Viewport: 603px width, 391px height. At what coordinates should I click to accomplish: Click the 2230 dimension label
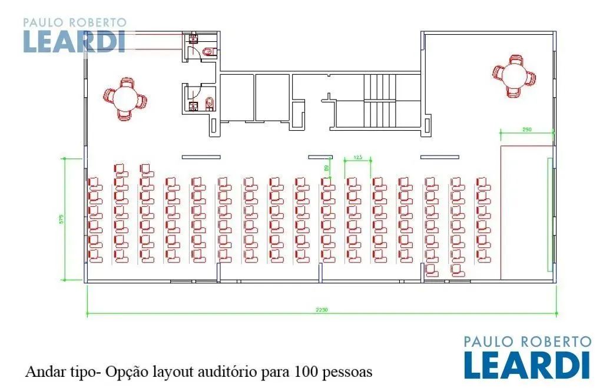[322, 309]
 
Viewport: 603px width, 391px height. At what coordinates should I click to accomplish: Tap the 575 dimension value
[61, 218]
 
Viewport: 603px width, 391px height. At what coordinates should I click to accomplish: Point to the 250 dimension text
[526, 130]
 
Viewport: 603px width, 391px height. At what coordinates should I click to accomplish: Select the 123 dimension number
[357, 157]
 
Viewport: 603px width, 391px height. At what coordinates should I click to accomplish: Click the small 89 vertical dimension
[326, 168]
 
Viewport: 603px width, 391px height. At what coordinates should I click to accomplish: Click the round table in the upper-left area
[125, 98]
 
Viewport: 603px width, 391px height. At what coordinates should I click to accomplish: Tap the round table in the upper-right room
[515, 76]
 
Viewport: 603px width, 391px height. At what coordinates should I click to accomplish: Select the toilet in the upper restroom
[207, 53]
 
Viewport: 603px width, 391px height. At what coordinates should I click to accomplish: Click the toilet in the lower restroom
[209, 104]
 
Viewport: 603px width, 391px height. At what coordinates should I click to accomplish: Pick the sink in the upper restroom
[192, 40]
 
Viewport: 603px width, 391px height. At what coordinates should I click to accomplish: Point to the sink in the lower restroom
[192, 106]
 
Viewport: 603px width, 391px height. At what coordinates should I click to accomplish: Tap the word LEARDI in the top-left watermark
[74, 41]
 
